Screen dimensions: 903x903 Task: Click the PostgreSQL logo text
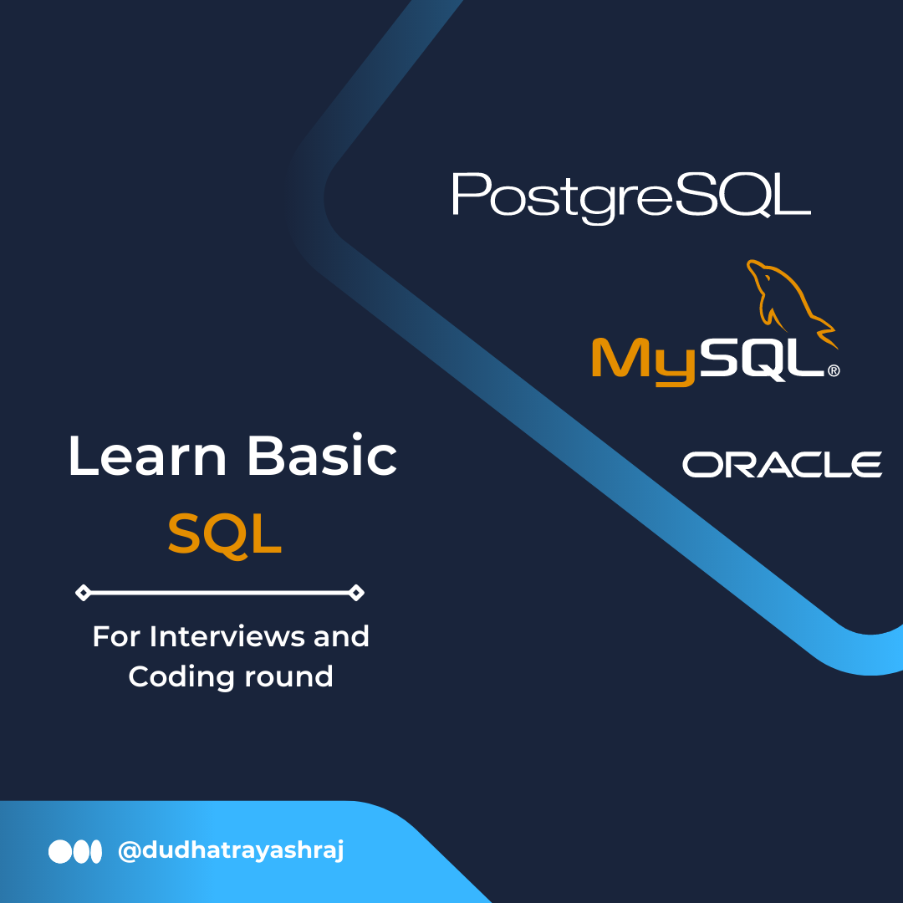tap(632, 198)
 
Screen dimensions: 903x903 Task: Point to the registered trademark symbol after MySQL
tap(834, 370)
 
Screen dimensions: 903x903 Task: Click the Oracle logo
tap(782, 464)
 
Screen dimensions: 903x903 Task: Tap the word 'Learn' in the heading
tap(147, 456)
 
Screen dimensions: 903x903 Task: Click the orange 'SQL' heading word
tap(225, 534)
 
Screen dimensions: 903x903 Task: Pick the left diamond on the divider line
tap(83, 592)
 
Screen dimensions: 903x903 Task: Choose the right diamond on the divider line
tap(356, 592)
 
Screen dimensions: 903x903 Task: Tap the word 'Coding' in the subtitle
tap(181, 676)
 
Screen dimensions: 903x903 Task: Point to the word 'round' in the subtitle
tap(289, 676)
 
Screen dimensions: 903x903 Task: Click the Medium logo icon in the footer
tap(75, 852)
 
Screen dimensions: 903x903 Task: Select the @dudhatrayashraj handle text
tap(231, 851)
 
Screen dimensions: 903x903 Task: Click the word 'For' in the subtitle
tap(116, 636)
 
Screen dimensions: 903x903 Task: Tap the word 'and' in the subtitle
tap(341, 636)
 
